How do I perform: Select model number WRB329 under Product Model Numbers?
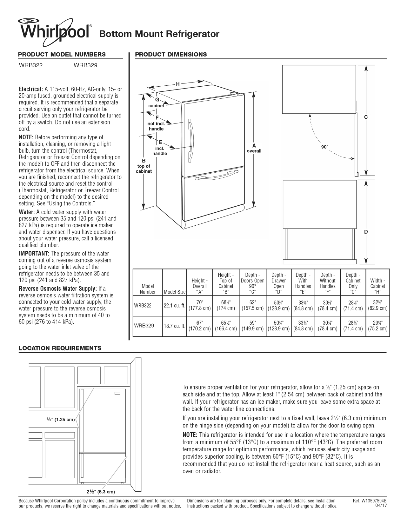click(85, 66)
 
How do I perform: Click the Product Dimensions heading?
click(171, 55)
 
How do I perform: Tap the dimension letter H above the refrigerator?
click(178, 84)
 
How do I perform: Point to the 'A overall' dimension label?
click(254, 148)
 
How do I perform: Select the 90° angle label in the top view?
click(324, 147)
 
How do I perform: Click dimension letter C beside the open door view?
click(366, 117)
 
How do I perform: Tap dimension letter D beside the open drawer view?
click(366, 232)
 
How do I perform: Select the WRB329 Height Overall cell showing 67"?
click(199, 326)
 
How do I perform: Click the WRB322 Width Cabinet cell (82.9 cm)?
click(377, 305)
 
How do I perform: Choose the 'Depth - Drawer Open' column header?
click(278, 283)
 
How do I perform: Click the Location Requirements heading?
click(60, 348)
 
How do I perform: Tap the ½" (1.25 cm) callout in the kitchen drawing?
click(61, 420)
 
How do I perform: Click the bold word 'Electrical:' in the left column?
click(31, 89)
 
